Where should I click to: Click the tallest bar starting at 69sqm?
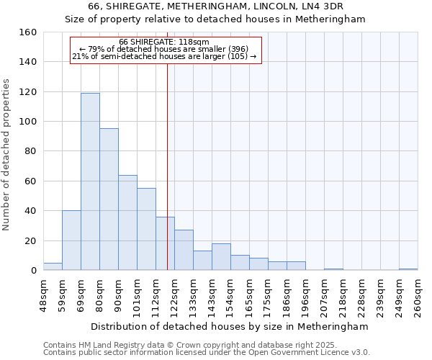(x=90, y=181)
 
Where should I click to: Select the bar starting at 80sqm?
(x=109, y=199)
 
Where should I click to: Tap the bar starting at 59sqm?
(x=71, y=240)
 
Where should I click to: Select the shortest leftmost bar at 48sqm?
(x=53, y=266)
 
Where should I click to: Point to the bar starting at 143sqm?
(x=221, y=257)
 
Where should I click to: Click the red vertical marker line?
(x=167, y=166)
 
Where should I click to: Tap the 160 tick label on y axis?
(x=28, y=32)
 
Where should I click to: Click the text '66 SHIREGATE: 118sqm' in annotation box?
(x=164, y=42)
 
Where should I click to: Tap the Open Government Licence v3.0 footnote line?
(x=207, y=352)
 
